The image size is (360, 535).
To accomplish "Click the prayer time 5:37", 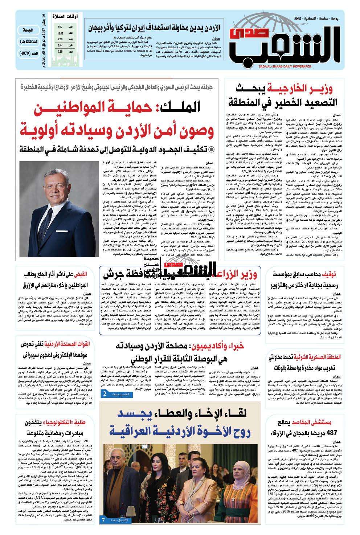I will [x=60, y=27].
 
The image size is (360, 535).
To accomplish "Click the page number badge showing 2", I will [x=104, y=394].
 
